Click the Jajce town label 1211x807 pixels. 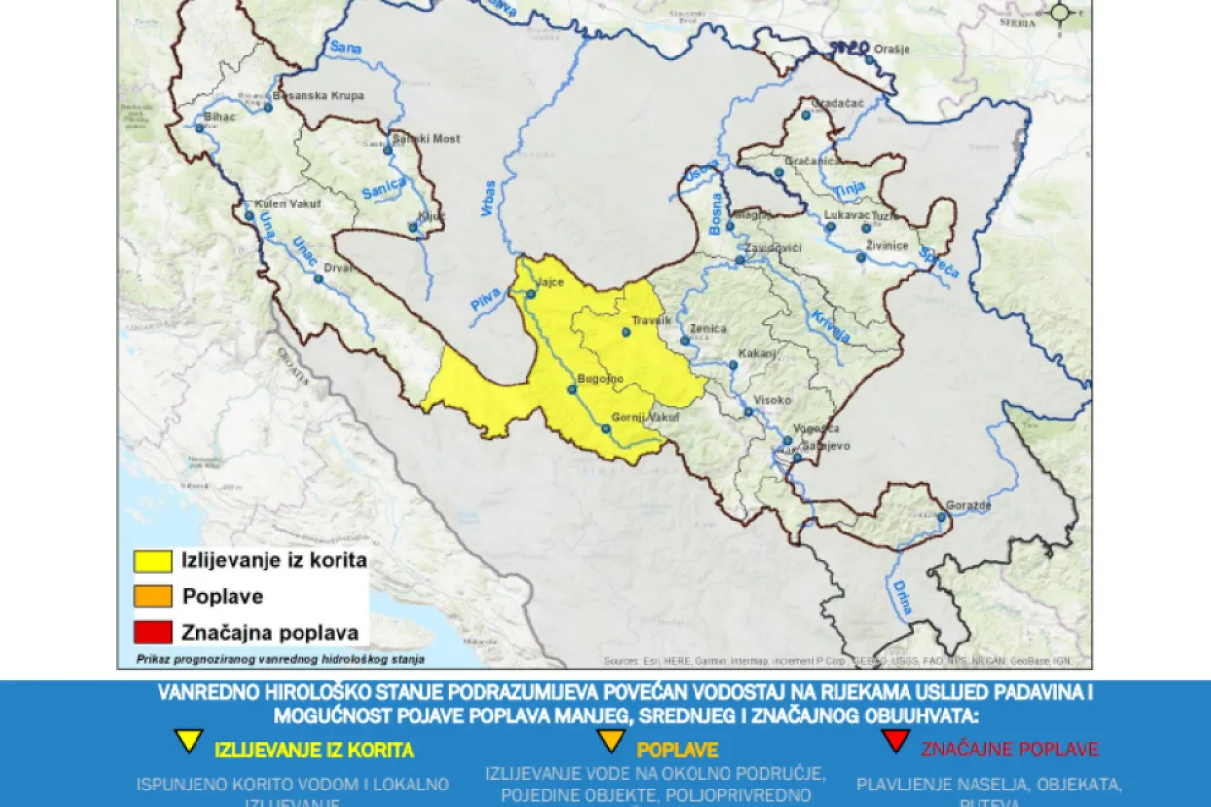click(x=551, y=282)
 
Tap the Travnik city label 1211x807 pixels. click(x=652, y=320)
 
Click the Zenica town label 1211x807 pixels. click(x=707, y=329)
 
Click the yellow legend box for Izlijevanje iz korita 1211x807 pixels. click(x=153, y=561)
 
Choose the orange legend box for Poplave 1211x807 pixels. click(x=153, y=596)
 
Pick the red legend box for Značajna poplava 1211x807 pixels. click(x=153, y=632)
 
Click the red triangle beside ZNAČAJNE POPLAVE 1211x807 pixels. click(x=896, y=742)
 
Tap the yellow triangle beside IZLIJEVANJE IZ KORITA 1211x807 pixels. click(x=189, y=742)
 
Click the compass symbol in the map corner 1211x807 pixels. click(x=1060, y=13)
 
